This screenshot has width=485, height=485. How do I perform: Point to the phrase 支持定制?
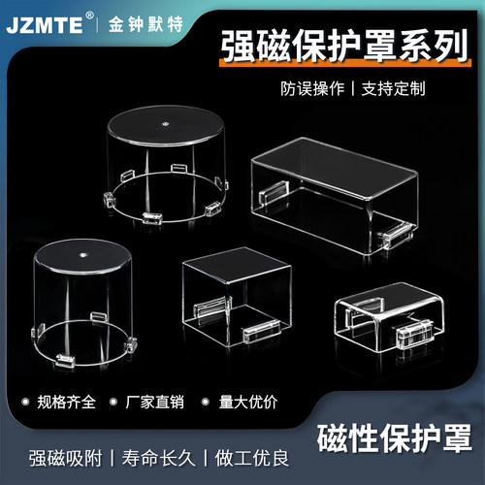pos(393,87)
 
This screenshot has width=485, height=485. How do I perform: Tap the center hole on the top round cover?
pos(166,123)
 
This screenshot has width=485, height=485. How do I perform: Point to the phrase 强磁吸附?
pos(62,457)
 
